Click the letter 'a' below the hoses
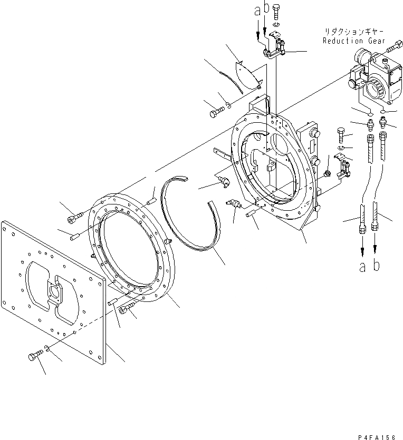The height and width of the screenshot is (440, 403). [x=362, y=267]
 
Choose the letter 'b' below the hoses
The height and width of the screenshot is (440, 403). [x=376, y=266]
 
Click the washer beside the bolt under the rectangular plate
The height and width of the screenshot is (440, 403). [x=48, y=348]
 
